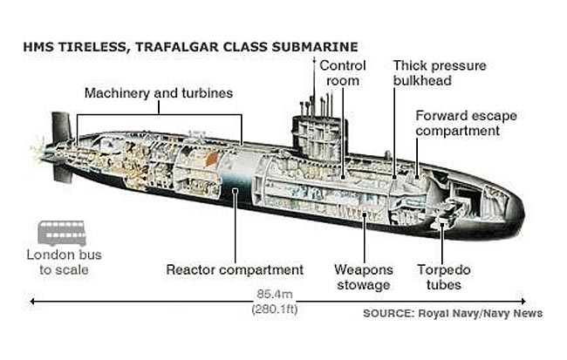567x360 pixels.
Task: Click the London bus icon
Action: pos(61,234)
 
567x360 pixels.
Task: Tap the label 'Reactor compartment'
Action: pos(235,270)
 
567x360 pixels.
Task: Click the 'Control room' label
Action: pos(342,73)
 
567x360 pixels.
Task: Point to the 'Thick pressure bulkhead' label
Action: pos(440,73)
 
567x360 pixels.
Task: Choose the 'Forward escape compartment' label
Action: pos(457,123)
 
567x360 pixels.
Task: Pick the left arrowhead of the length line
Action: pos(33,302)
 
